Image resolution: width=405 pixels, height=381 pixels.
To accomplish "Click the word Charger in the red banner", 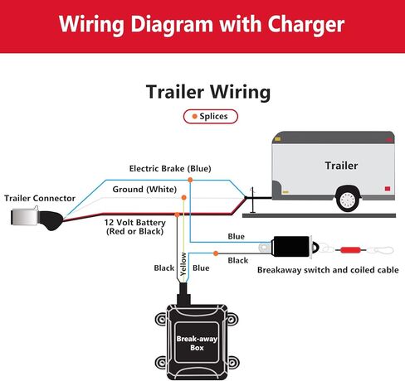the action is pos(305,25).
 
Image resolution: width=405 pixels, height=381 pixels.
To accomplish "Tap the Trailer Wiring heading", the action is pos(208,92).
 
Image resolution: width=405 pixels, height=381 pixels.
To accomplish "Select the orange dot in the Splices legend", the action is pos(194,116).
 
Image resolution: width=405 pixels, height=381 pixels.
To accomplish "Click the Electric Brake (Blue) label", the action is pos(170,168).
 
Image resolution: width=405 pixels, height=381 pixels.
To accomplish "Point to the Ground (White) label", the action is pos(144,190).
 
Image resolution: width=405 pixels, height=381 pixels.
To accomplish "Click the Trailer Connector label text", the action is pos(40,198).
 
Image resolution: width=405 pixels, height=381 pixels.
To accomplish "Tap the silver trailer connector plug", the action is pos(25,217).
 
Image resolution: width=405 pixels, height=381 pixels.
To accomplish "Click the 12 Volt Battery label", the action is pos(135,227).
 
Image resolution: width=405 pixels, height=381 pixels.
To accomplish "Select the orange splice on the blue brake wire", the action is pos(190,180).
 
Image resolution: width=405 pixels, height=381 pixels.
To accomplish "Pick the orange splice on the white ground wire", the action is pos(183,197).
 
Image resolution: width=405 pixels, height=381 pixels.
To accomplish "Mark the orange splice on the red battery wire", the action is pos(177,215).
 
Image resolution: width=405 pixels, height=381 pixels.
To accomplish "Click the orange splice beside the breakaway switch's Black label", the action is pos(216,253).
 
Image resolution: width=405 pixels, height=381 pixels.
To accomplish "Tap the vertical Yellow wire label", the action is pos(183,264).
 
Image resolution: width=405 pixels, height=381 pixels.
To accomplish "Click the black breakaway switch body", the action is pos(291,246).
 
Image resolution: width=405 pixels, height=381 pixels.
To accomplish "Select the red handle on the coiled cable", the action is pos(350,250).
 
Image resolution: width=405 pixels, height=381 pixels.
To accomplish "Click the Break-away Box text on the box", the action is pos(197,343).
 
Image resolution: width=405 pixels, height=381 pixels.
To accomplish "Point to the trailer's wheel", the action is pos(348,200).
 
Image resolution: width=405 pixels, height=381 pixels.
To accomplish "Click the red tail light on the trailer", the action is pos(388,189).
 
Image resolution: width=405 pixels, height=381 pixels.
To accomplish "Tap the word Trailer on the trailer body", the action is pos(341,166).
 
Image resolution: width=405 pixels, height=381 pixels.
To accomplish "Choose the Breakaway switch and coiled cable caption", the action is pos(328,270).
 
